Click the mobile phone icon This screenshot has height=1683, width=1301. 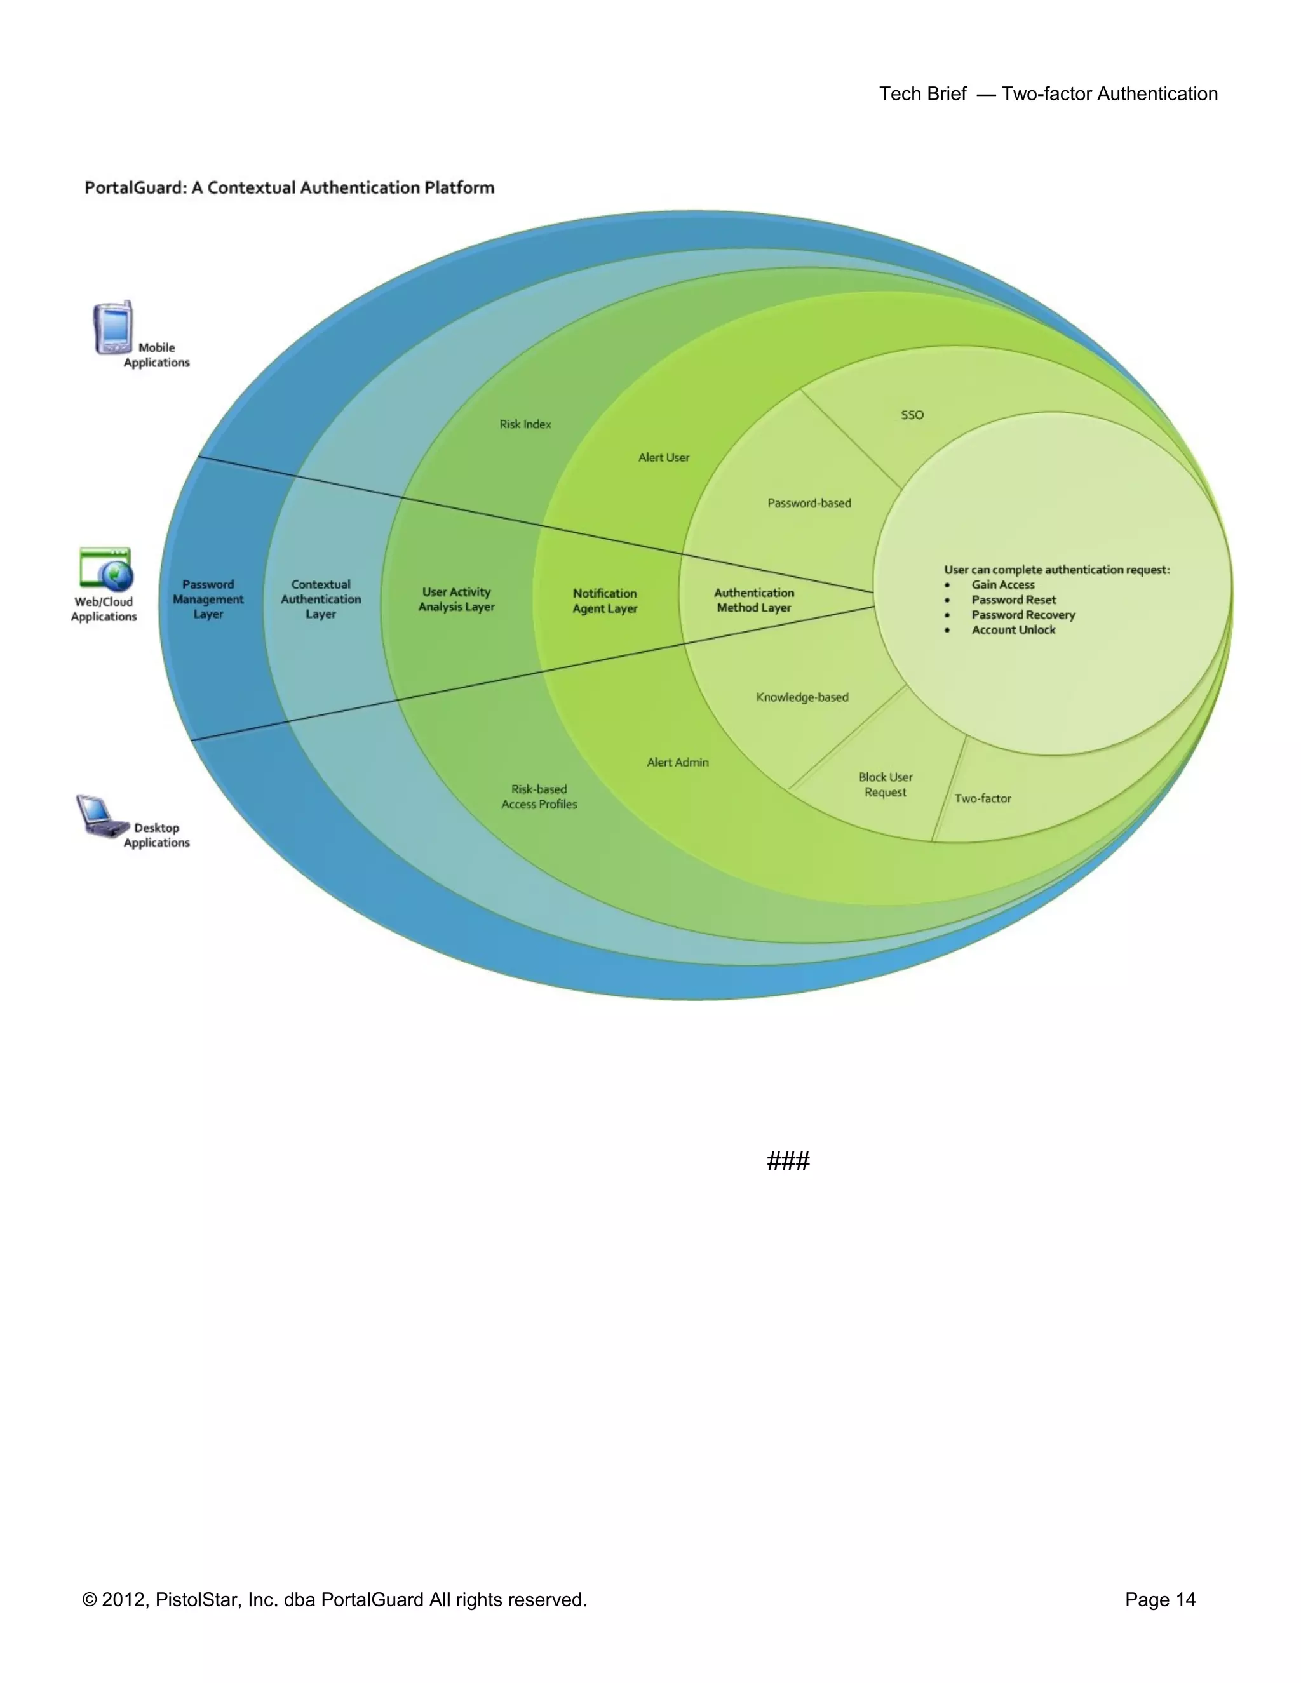click(113, 328)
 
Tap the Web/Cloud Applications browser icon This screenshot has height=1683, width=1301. click(106, 570)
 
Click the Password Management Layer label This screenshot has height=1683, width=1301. click(208, 599)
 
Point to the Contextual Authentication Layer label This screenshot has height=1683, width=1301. click(321, 599)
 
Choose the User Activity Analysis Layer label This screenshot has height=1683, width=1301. click(456, 599)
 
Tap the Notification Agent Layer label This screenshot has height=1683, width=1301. click(605, 600)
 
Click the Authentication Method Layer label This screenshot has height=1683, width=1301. click(754, 600)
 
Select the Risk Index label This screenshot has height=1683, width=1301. click(525, 424)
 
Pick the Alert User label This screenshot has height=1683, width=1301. click(664, 457)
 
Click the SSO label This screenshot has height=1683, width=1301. click(912, 415)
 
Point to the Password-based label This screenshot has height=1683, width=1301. click(809, 503)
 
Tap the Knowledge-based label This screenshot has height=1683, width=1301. click(802, 697)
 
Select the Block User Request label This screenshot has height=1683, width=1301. click(886, 784)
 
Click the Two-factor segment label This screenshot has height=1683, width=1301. click(983, 798)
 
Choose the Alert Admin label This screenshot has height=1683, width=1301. click(677, 762)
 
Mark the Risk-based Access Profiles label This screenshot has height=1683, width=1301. click(539, 796)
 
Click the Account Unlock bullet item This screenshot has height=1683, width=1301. click(1013, 629)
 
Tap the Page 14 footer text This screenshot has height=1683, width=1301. click(1160, 1599)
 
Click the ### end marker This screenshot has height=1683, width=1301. click(788, 1160)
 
